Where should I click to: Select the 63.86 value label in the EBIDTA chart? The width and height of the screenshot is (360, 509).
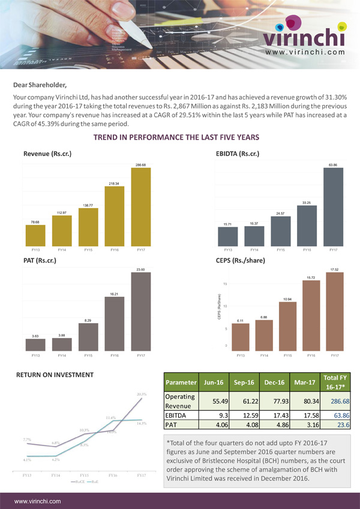(x=333, y=164)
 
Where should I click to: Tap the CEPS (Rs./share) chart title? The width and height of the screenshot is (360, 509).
(x=241, y=261)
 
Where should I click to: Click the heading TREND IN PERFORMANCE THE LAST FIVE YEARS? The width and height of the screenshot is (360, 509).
(x=180, y=138)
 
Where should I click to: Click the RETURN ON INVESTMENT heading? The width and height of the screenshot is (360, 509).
(x=55, y=375)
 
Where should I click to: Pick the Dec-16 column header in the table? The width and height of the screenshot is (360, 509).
(x=274, y=382)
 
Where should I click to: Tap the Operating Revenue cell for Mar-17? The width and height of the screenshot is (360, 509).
(x=306, y=400)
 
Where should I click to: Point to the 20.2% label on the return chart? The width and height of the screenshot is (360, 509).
(x=141, y=394)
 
